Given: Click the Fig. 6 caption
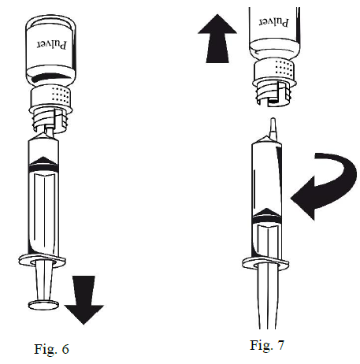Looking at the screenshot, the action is pos(51,349).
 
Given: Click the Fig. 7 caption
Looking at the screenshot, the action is pos(267,345).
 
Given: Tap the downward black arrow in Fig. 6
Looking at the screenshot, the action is pos(84,299).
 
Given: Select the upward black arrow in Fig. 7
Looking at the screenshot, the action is pos(217,39).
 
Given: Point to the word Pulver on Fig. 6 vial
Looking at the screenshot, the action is pos(52,45).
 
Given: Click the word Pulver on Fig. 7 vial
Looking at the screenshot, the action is pos(274,22).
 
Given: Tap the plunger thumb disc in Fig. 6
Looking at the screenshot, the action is pos(43,305).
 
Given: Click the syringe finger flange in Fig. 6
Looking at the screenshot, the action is pos(42,260).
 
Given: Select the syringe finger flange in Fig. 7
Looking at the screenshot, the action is pos(265,263).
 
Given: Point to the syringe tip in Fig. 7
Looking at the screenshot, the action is pos(273,128).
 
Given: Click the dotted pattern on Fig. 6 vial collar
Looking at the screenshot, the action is pos(61,95).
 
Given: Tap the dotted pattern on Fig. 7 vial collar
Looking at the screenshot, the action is pos(284,69).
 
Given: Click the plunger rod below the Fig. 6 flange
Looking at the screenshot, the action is pos(43,281).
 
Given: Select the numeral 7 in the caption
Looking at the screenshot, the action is pos(280,345).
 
